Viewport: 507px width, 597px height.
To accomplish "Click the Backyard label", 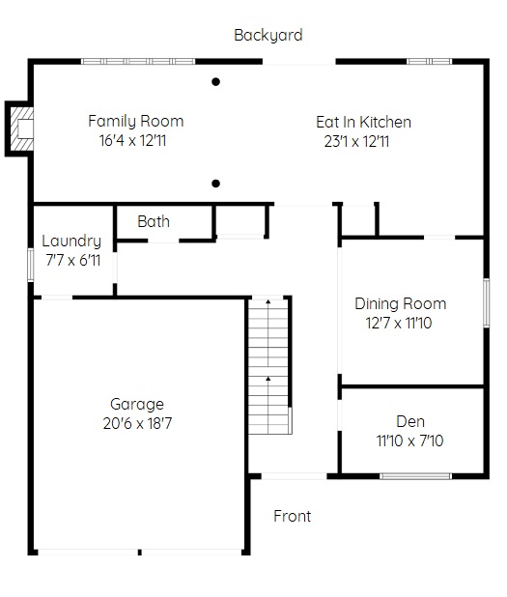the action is [268, 36].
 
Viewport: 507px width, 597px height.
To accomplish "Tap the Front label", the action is [293, 516].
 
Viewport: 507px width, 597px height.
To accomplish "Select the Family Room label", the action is [136, 122].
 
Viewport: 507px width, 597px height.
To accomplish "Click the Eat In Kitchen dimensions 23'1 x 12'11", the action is [356, 142].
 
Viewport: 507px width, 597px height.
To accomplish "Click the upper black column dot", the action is [215, 81].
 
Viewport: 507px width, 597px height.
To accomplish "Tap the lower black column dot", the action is [215, 184].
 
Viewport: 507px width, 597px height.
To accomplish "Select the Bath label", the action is [154, 221].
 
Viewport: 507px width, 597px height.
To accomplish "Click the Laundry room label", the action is [71, 242].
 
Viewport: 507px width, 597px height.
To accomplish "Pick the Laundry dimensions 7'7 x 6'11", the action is [73, 261].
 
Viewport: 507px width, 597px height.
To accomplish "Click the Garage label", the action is [137, 405].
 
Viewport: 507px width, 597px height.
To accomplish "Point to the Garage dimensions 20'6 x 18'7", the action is [137, 423].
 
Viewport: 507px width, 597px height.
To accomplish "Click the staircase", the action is [268, 366].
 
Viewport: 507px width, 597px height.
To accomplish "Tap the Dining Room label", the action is [401, 304].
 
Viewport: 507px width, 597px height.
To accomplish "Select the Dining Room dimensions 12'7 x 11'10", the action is [399, 324].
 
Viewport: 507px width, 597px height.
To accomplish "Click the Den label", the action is [410, 421].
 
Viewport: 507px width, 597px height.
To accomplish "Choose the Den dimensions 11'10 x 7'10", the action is [409, 441].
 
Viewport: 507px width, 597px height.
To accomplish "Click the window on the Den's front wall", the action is [415, 476].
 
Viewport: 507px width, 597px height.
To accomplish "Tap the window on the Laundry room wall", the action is [31, 265].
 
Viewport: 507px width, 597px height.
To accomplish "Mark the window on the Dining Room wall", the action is [487, 302].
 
